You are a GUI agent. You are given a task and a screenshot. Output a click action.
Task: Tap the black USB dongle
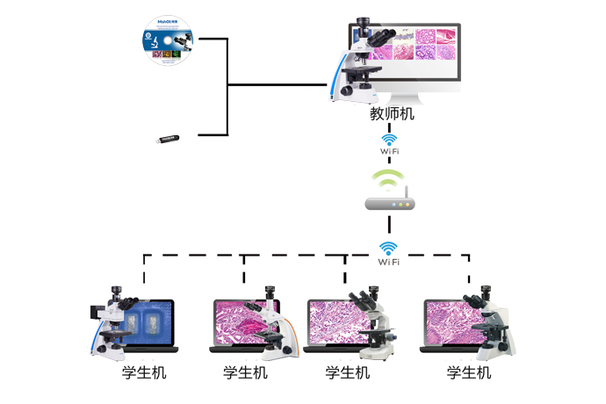168,138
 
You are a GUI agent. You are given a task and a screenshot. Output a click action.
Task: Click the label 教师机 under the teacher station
392,113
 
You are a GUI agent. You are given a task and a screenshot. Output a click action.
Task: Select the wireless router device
389,203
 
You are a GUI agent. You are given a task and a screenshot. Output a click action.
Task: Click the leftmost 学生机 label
144,373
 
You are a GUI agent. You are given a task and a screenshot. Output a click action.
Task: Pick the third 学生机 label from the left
348,373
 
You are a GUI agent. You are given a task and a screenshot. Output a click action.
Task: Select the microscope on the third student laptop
371,321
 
